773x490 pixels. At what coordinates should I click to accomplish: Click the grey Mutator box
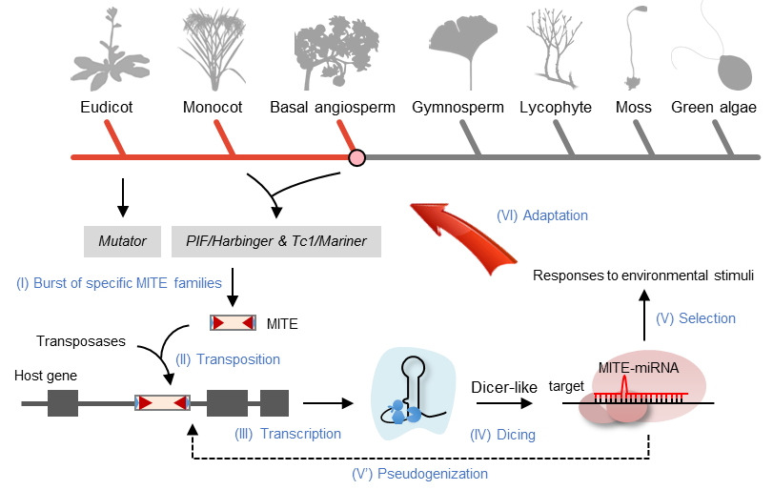pyautogui.click(x=123, y=241)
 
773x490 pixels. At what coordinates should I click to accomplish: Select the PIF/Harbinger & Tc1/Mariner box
pyautogui.click(x=276, y=241)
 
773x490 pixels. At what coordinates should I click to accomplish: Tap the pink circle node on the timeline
pyautogui.click(x=356, y=157)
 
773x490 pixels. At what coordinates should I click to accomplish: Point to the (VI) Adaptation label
pyautogui.click(x=542, y=215)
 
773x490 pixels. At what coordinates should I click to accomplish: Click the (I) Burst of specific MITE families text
pyautogui.click(x=119, y=283)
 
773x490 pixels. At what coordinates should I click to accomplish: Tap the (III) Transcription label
pyautogui.click(x=288, y=434)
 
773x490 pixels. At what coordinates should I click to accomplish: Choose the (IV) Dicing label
pyautogui.click(x=503, y=435)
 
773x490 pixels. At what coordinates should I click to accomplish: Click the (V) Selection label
pyautogui.click(x=696, y=318)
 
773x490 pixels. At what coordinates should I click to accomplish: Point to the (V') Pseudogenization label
pyautogui.click(x=419, y=473)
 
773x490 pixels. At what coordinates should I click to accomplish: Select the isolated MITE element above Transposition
pyautogui.click(x=233, y=323)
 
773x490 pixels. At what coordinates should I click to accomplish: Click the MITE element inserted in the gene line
pyautogui.click(x=162, y=403)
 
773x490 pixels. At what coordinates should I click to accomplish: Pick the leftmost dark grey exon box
pyautogui.click(x=63, y=403)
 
